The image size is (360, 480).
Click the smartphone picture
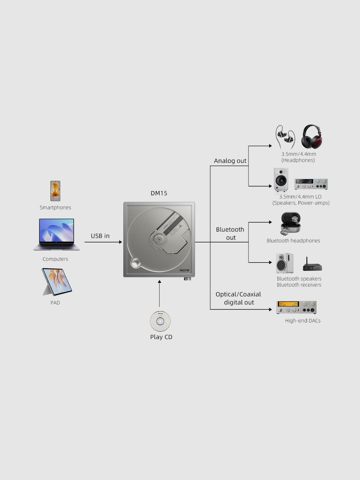(x=55, y=191)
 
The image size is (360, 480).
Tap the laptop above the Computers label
(x=56, y=234)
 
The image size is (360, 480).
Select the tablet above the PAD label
(x=57, y=282)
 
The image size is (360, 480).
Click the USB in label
(x=100, y=236)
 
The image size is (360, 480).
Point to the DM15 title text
(x=159, y=193)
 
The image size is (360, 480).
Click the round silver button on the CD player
(x=135, y=262)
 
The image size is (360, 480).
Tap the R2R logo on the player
(x=184, y=270)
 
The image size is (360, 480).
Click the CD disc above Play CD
(x=160, y=321)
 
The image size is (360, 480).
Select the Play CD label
(x=161, y=337)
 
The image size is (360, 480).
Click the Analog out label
(x=230, y=161)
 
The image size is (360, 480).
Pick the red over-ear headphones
(x=311, y=137)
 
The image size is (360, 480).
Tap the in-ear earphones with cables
(x=285, y=137)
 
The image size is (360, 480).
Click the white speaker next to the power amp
(x=281, y=180)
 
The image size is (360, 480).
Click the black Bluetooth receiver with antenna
(x=312, y=265)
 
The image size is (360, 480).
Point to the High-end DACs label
(x=303, y=321)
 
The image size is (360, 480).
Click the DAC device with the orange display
(x=296, y=307)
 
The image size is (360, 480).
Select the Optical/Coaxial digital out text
(x=238, y=298)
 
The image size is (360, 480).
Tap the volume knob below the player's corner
(x=187, y=279)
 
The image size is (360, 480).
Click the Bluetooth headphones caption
(x=293, y=241)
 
